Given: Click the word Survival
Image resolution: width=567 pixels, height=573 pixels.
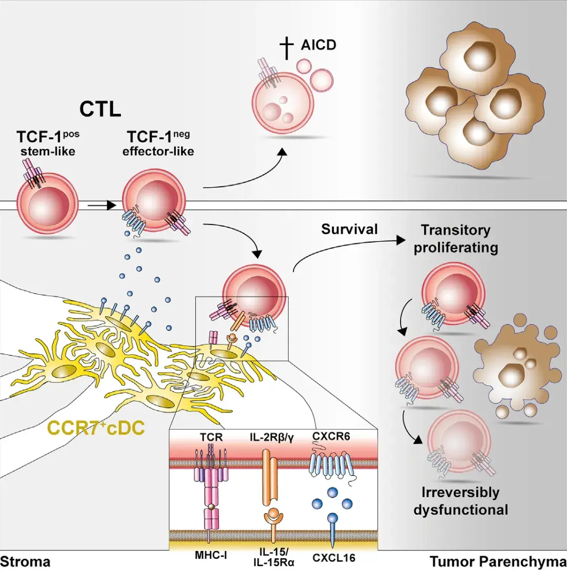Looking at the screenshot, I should tap(350, 229).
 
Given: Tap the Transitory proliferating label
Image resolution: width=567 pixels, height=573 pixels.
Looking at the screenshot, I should tap(455, 239).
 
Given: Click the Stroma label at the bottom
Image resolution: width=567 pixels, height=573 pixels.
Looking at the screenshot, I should tap(25, 563).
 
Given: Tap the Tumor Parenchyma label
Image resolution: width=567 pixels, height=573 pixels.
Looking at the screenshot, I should tap(498, 563).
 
